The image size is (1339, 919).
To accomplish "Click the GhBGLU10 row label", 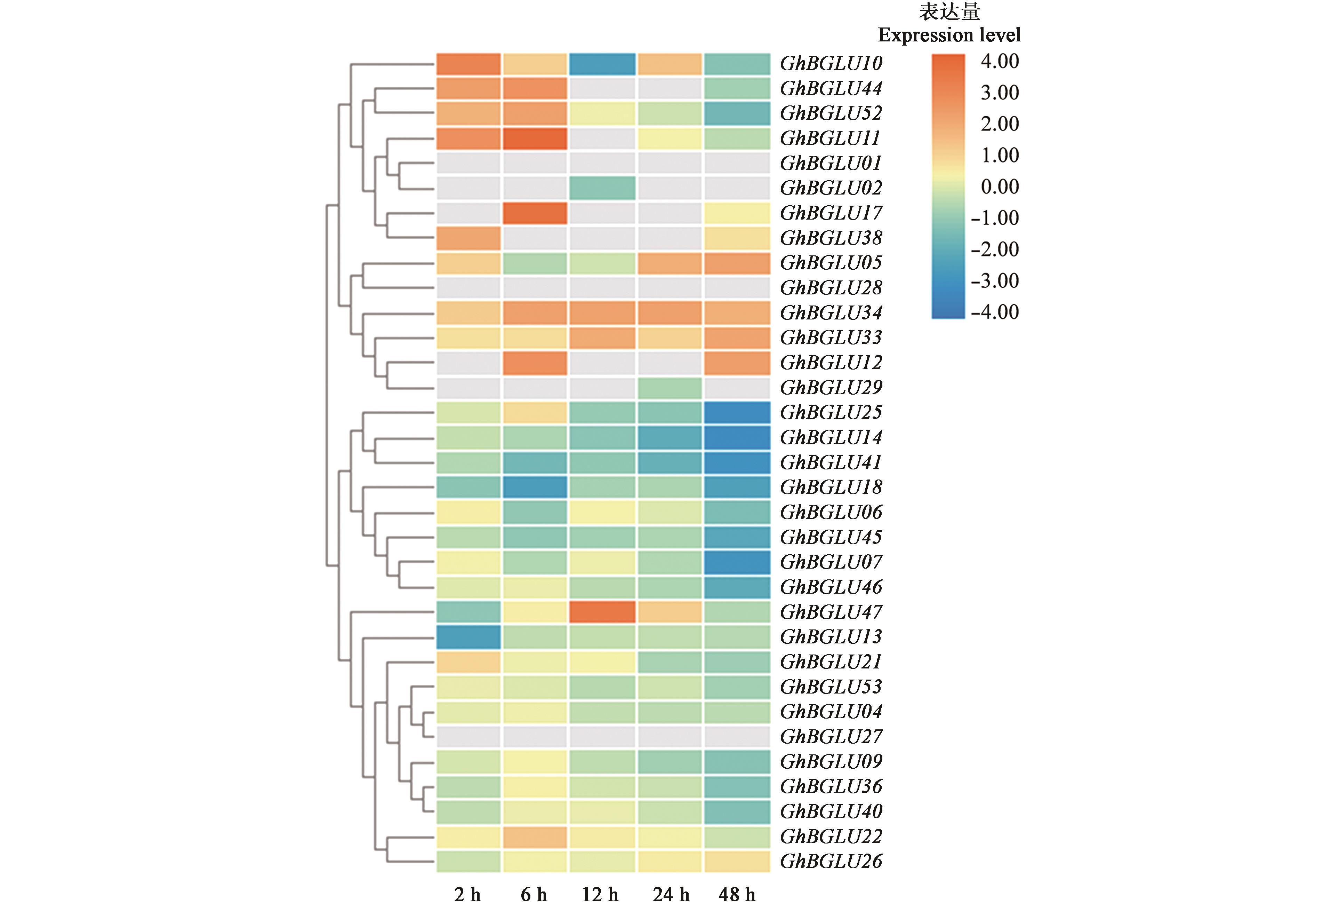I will [x=831, y=63].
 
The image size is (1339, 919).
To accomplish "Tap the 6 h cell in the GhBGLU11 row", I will [x=535, y=138].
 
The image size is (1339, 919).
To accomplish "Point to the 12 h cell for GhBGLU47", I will [x=602, y=612].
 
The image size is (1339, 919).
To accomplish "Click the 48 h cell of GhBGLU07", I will [x=737, y=562].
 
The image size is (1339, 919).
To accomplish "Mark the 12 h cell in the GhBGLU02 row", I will [x=602, y=188].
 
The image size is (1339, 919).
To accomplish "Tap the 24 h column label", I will [x=671, y=894].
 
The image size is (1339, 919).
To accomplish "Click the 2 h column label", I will [x=467, y=894].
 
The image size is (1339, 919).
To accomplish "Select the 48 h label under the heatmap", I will [x=737, y=894].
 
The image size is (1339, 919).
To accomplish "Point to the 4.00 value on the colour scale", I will [x=1000, y=61].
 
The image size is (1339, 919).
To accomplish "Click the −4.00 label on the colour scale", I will [x=995, y=312].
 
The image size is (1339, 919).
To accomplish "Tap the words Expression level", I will [x=949, y=35].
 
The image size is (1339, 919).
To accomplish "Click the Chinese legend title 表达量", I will [x=949, y=11].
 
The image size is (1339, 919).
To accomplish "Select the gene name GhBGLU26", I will [x=831, y=861].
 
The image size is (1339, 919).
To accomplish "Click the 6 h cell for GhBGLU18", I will [x=535, y=487].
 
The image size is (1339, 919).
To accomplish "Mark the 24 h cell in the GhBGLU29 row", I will [x=669, y=387].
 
